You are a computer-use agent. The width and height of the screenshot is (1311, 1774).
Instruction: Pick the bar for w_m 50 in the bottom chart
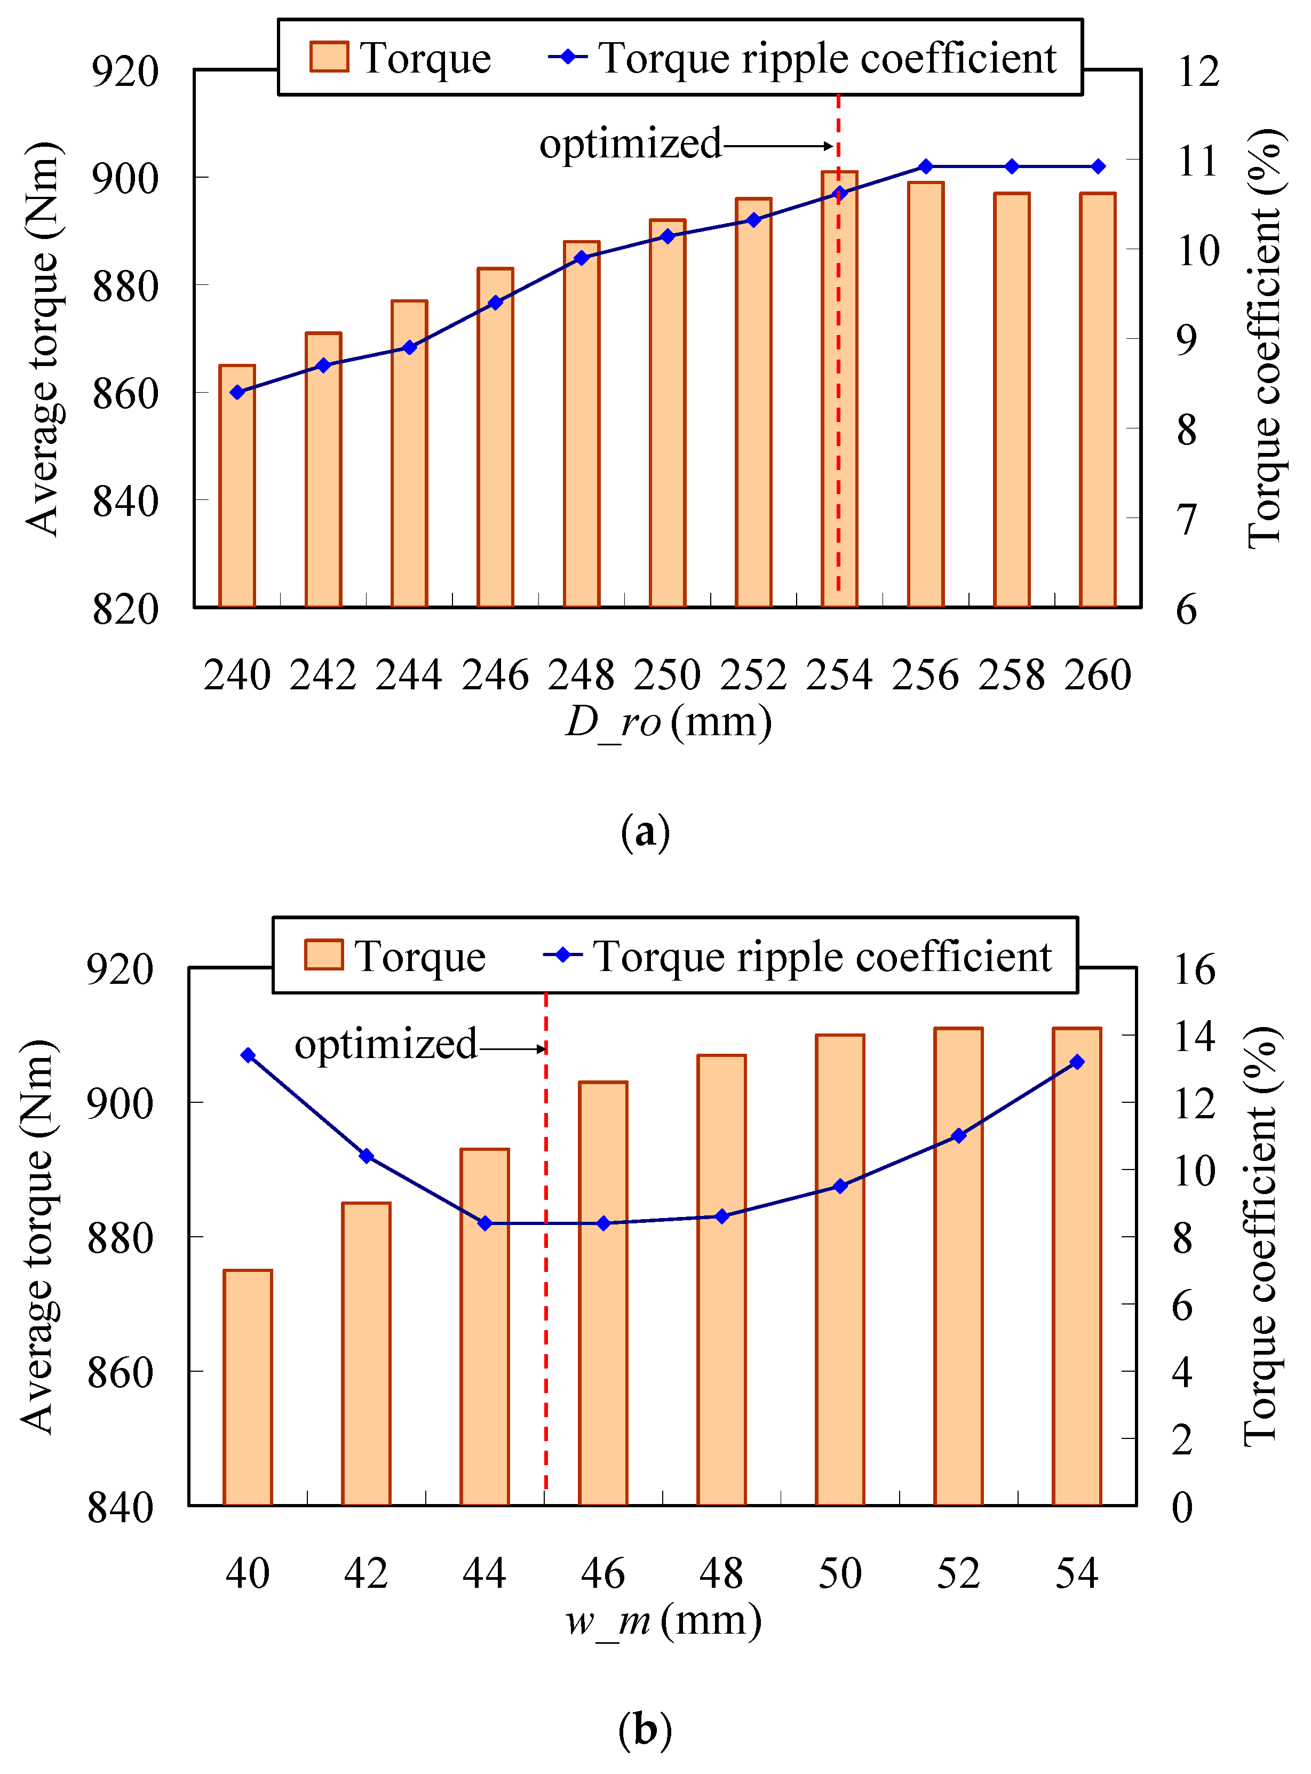(840, 1269)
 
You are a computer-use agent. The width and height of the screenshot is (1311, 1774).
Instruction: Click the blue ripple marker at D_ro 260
(1098, 166)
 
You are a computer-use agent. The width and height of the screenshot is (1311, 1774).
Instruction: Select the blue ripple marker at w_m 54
(1077, 1062)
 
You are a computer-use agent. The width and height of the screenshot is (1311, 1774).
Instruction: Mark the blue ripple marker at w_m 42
(367, 1156)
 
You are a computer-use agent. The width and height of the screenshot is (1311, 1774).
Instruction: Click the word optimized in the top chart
(631, 145)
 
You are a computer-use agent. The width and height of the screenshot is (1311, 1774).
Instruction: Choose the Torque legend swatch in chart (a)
(329, 57)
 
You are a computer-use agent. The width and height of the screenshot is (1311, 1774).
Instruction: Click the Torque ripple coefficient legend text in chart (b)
(823, 957)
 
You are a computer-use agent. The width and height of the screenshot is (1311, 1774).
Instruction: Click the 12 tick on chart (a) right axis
(1198, 71)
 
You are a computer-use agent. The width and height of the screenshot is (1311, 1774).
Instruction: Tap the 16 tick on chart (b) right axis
(1194, 969)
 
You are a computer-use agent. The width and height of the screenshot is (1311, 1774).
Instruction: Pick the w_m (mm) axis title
(663, 1620)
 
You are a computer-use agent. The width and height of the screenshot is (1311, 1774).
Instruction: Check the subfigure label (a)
(645, 832)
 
